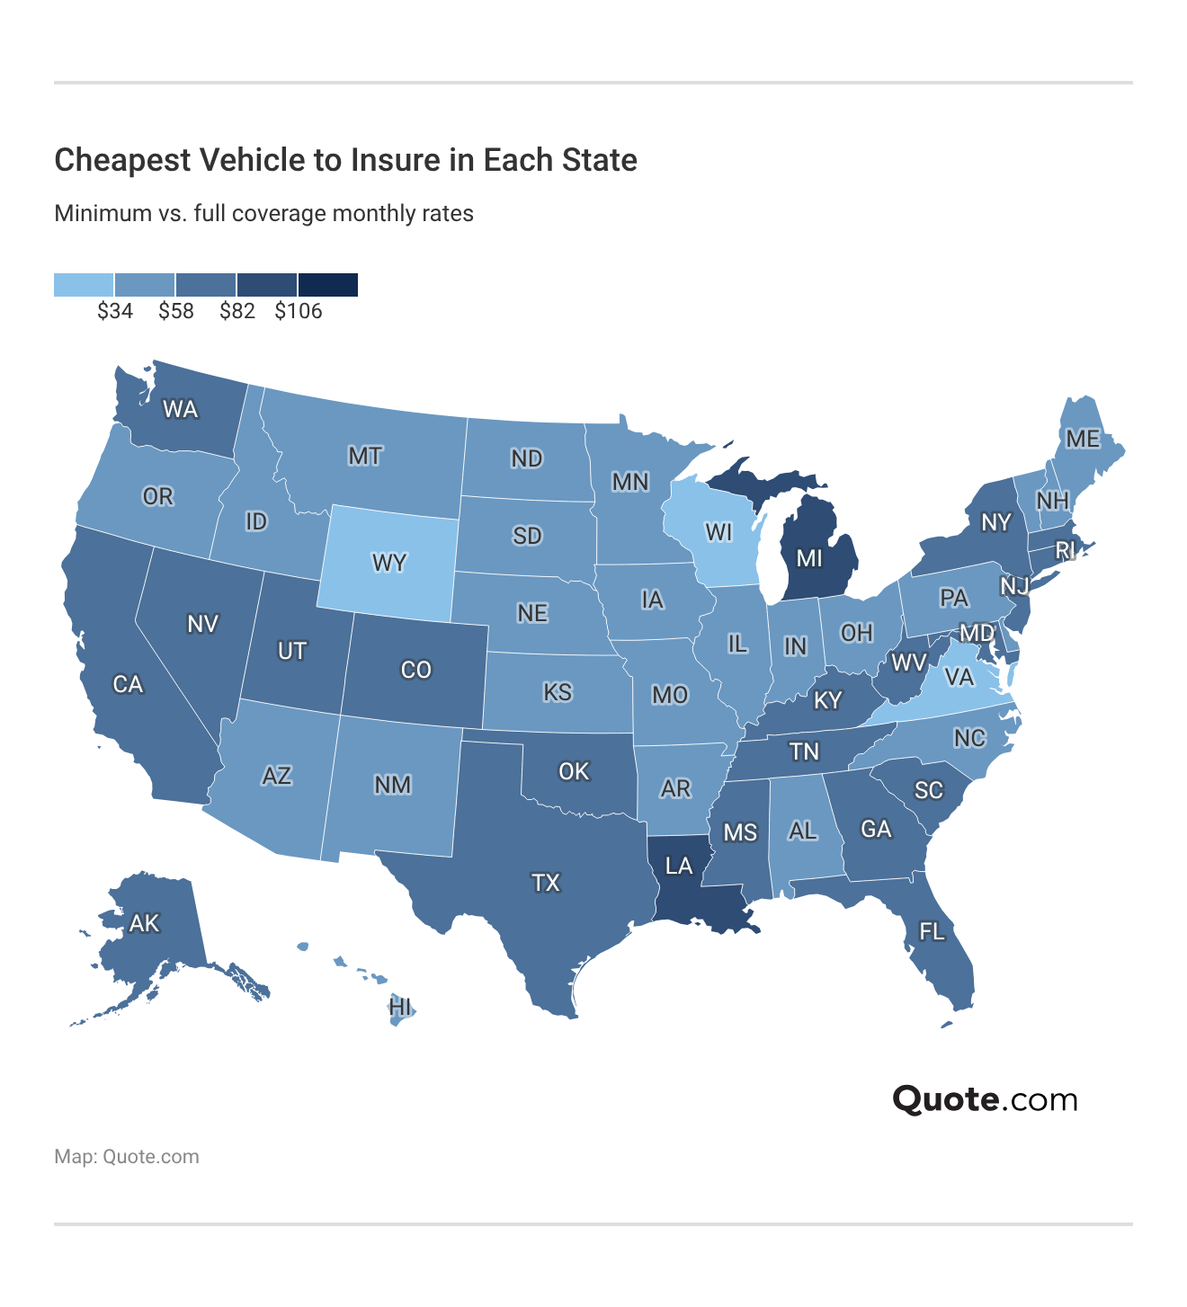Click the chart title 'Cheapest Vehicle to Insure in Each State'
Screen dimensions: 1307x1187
tap(345, 160)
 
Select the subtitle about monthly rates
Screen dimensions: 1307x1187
tap(263, 214)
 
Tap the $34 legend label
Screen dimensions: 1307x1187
tap(115, 311)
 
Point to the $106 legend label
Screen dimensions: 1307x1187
tap(299, 311)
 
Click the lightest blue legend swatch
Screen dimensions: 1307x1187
tap(84, 285)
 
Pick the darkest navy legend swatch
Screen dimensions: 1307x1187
tap(328, 285)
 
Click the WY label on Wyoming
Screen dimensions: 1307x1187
tap(389, 564)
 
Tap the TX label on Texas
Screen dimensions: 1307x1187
tap(546, 883)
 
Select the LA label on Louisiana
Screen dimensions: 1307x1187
tap(679, 866)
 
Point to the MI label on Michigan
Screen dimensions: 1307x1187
tap(809, 558)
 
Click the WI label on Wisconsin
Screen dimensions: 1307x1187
tap(718, 532)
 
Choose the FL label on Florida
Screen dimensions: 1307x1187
tap(932, 931)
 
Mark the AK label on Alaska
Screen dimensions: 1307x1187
tap(144, 923)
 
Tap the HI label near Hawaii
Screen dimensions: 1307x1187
tap(401, 1007)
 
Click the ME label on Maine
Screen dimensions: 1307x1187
tap(1083, 439)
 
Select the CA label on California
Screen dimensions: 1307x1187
tap(128, 684)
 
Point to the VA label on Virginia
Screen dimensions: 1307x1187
tap(959, 676)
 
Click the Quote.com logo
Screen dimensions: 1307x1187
tap(985, 1099)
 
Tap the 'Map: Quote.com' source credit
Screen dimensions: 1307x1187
tap(127, 1157)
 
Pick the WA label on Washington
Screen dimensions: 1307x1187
tap(180, 410)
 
